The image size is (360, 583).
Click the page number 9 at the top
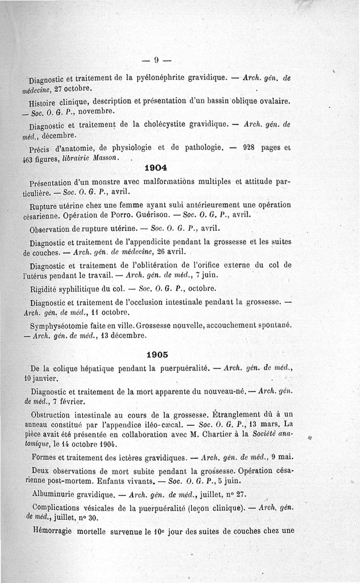tap(157, 59)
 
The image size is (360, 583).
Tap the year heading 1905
tap(157, 354)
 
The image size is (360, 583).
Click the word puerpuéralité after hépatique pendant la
tap(184, 368)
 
